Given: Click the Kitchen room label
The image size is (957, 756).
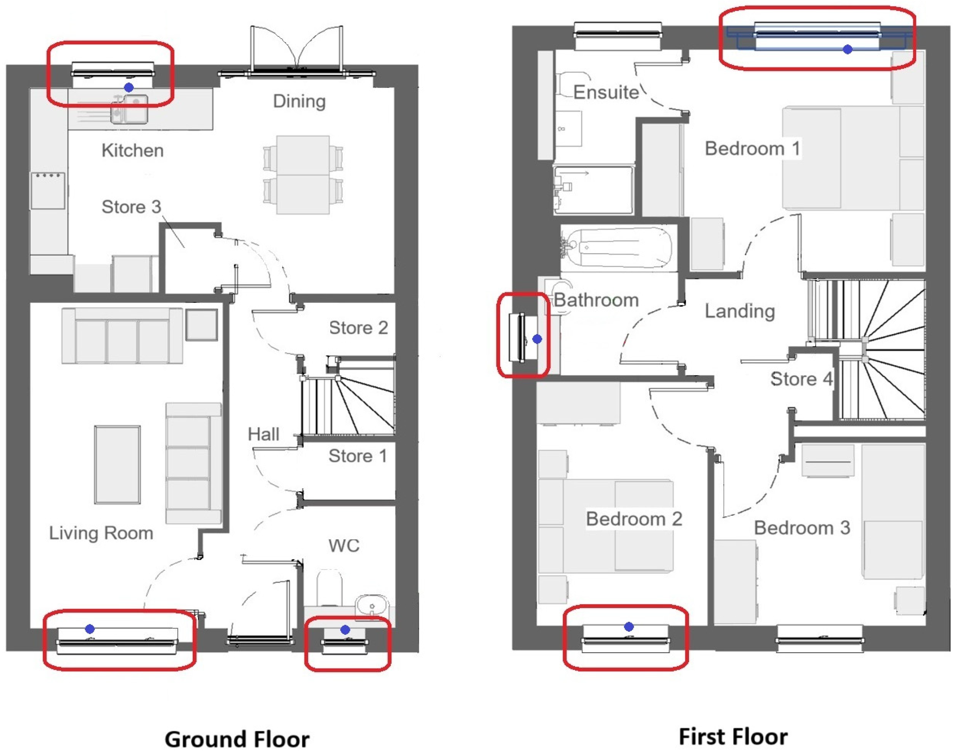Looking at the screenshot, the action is (133, 150).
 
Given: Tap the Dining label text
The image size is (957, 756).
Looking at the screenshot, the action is (300, 102).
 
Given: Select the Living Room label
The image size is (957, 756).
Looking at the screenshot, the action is (101, 533).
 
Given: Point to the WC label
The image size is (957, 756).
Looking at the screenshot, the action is (344, 546).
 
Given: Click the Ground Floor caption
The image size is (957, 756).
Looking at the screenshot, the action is (237, 739).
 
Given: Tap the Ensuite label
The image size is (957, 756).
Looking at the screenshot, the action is (606, 92).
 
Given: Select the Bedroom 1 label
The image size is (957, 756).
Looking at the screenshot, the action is (753, 149).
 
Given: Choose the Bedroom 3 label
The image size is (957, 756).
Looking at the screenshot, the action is (802, 528).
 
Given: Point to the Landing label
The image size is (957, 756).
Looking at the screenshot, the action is (740, 311).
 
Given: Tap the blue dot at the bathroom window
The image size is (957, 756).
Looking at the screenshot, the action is (537, 339).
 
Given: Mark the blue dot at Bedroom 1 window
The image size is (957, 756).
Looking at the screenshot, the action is (848, 50).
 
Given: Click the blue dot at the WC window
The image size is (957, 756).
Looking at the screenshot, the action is (345, 630).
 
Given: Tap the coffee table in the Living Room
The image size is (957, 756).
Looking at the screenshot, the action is (117, 465).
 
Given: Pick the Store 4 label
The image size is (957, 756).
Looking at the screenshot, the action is (802, 379).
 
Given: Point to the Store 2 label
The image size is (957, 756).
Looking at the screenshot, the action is (358, 328).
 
